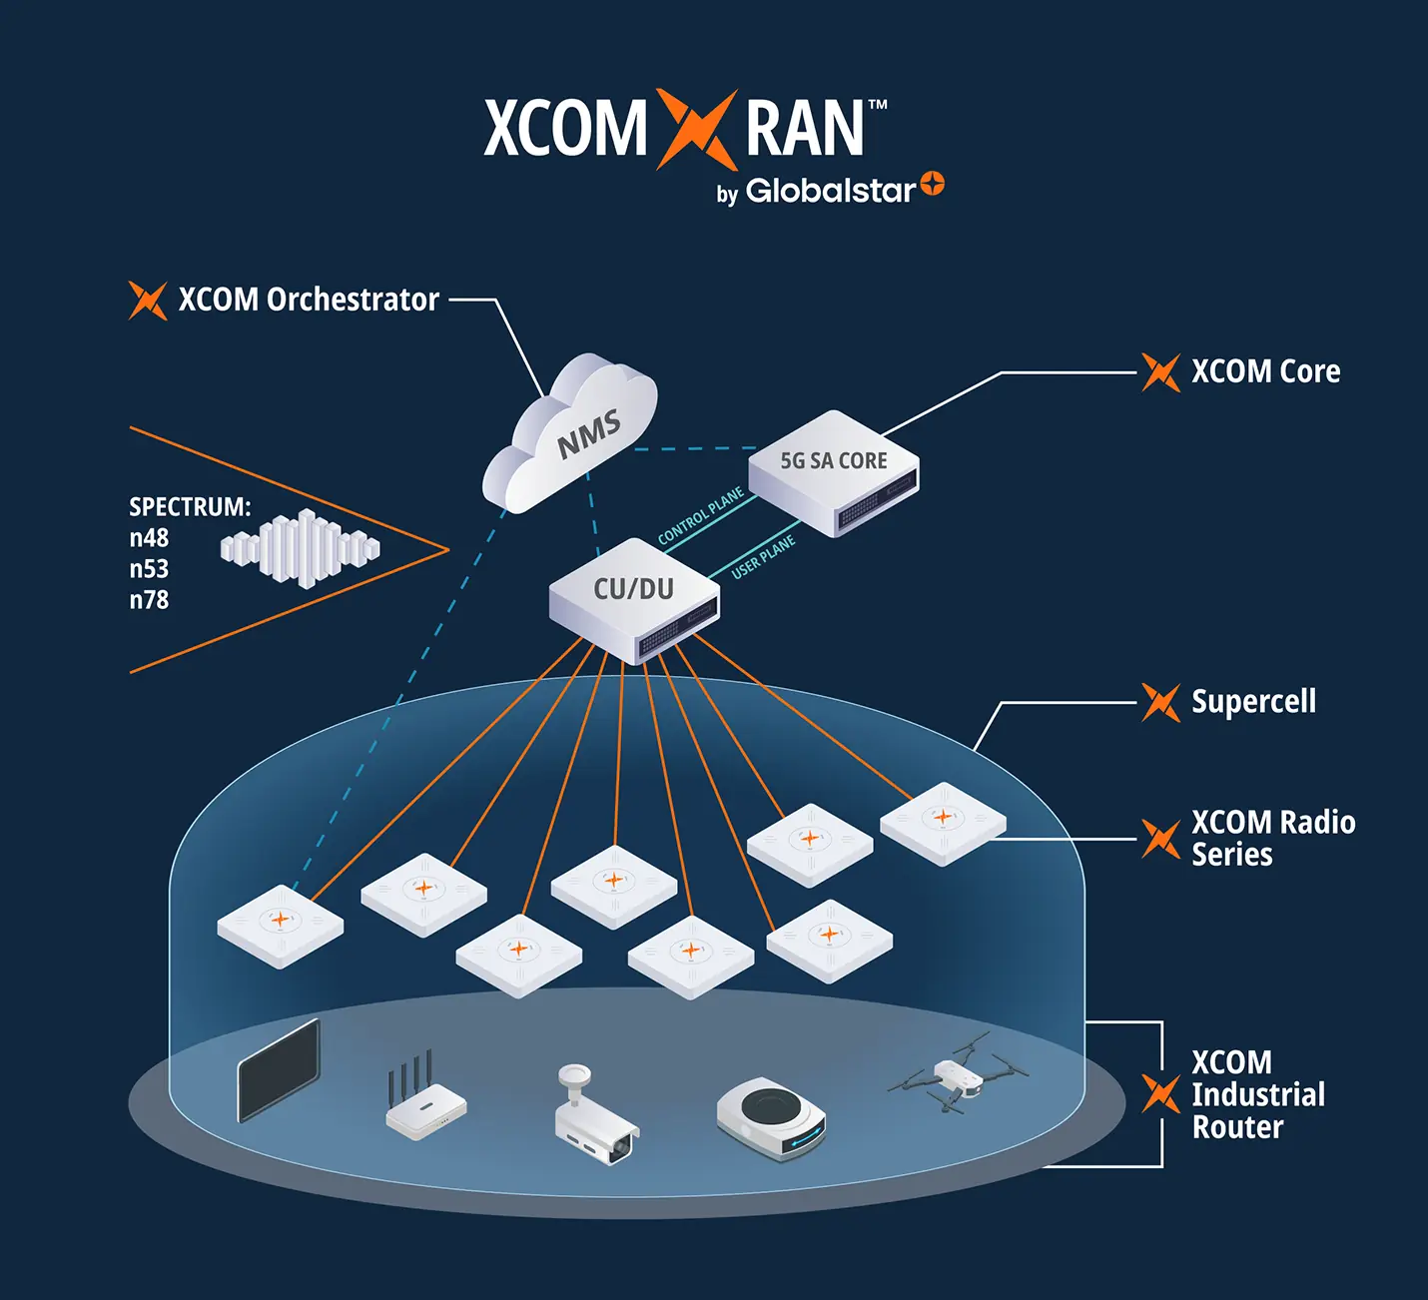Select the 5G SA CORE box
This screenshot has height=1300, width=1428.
834,472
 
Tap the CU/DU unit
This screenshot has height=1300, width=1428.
634,599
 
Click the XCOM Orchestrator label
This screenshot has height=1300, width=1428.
308,300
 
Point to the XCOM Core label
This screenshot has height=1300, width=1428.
1265,371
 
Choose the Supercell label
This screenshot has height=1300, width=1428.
1253,702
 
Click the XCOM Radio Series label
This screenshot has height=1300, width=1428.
1272,838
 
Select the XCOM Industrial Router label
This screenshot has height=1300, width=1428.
1257,1094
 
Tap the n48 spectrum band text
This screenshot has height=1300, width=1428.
149,538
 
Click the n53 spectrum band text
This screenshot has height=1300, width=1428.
149,569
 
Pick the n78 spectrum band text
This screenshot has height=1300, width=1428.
149,600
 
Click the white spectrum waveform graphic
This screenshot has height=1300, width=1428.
300,548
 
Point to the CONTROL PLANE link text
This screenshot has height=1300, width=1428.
701,516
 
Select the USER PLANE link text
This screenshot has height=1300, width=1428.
763,557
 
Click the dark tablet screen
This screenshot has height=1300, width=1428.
279,1071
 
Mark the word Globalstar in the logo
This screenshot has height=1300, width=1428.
830,190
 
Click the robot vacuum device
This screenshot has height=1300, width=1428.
771,1118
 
